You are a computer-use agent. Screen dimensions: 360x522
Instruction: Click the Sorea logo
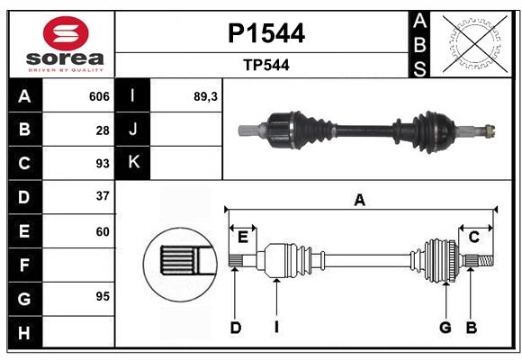(61, 44)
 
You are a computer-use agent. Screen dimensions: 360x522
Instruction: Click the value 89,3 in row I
(206, 96)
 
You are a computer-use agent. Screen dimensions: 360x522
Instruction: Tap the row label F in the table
(24, 265)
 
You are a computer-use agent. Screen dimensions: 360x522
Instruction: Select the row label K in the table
(133, 163)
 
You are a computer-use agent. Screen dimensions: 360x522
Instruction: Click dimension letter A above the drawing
(360, 201)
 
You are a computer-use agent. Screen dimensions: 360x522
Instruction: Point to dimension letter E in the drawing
(243, 237)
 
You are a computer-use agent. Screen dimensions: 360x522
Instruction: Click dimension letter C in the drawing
(473, 237)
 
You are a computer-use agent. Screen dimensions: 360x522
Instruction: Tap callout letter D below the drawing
(235, 328)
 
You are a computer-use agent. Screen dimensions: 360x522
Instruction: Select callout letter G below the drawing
(445, 328)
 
